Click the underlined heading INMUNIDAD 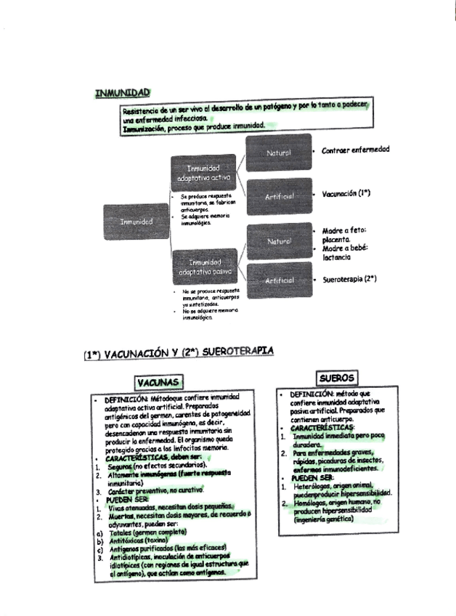122,92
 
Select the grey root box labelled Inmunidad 137,221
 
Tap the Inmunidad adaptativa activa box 203,173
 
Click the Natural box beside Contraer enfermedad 278,153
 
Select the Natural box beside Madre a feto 278,240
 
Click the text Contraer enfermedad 355,150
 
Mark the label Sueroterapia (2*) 349,279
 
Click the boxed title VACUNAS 158,382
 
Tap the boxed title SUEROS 336,378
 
